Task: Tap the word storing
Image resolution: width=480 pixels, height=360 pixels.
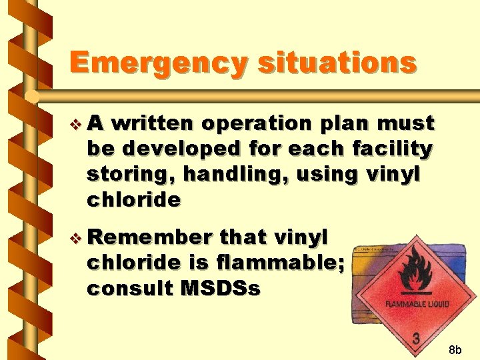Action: click(x=125, y=175)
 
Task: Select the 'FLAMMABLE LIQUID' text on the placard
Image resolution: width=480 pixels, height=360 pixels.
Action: click(x=417, y=304)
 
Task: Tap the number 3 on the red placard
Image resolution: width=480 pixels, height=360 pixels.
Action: click(x=417, y=339)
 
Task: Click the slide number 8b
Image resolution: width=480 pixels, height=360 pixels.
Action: click(x=455, y=349)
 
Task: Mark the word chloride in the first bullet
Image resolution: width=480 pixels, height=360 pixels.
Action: click(x=133, y=200)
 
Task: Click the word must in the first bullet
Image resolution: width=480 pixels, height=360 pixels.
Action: click(x=406, y=124)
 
